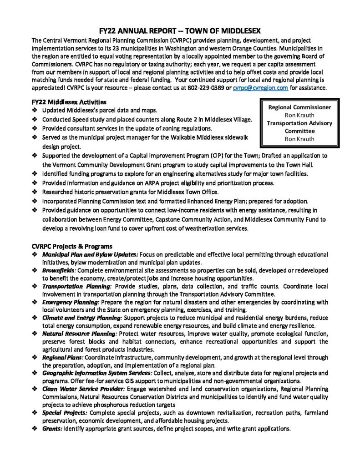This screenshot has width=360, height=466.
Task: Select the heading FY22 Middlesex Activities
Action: pyautogui.click(x=69, y=102)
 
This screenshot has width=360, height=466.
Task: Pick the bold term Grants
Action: pyautogui.click(x=52, y=429)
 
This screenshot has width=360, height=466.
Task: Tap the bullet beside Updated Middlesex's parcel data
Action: pyautogui.click(x=35, y=111)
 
